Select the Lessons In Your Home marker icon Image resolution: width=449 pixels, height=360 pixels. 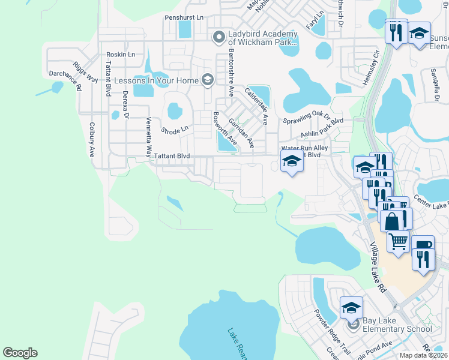(208, 79)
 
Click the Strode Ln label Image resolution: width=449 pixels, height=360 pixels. (175, 128)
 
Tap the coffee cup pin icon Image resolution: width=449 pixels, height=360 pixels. (423, 245)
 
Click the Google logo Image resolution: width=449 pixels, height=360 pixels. (20, 353)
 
